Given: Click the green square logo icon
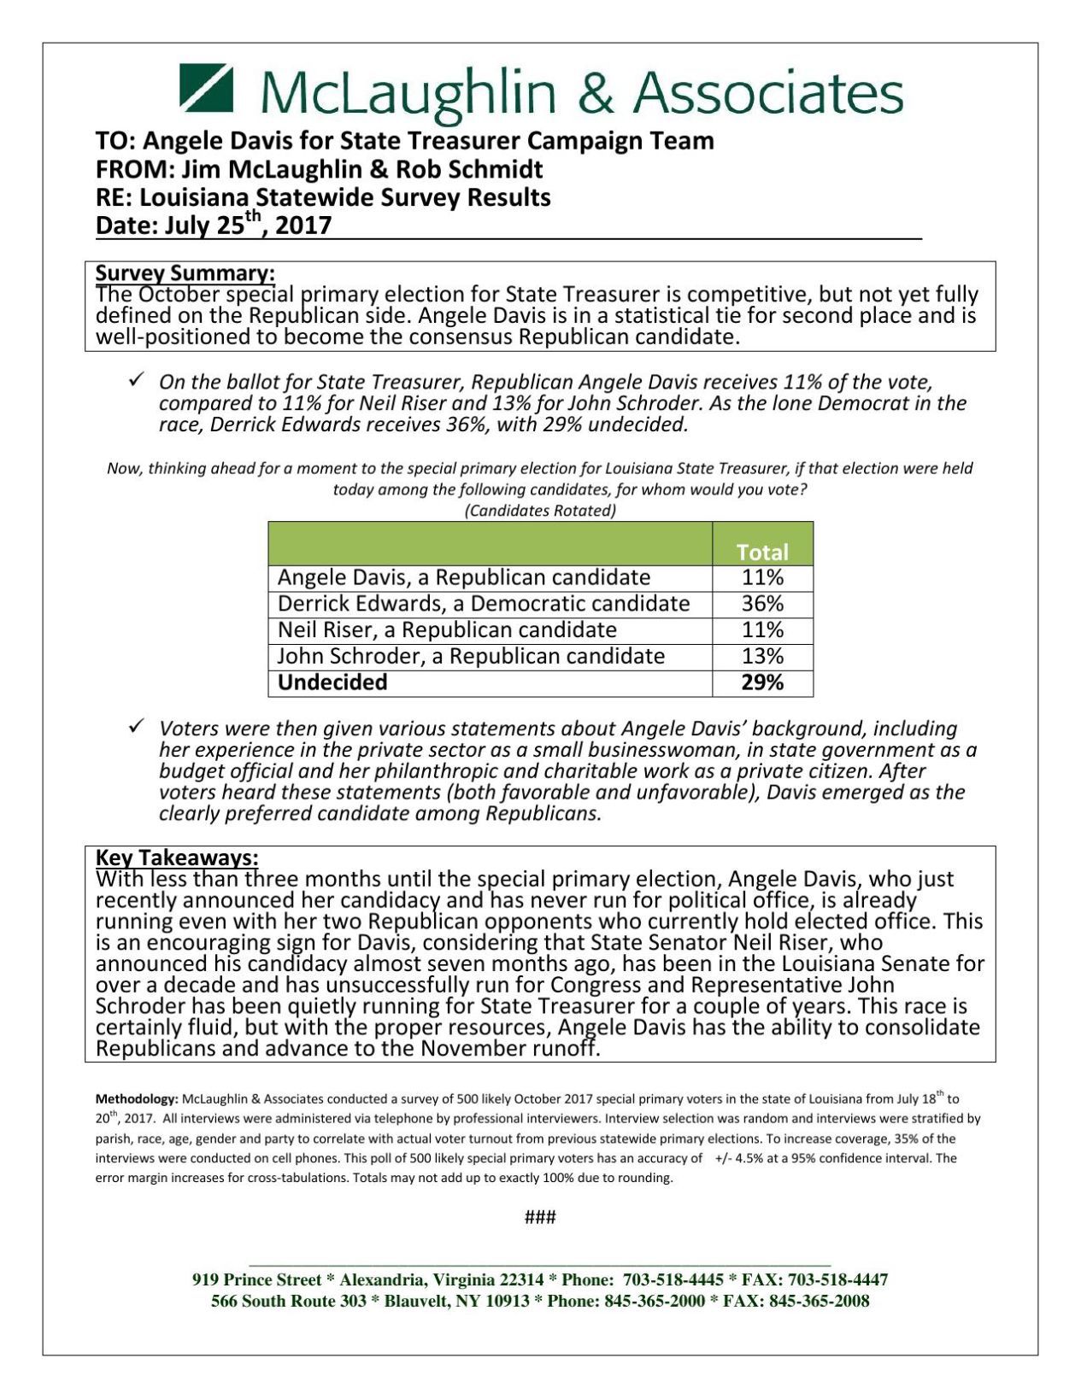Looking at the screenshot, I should click(x=206, y=88).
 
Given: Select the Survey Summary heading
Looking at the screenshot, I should click(x=185, y=273).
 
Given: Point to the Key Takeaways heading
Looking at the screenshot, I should click(x=177, y=858).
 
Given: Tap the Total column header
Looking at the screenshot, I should click(x=762, y=552).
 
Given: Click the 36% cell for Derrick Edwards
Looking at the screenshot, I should click(x=762, y=604).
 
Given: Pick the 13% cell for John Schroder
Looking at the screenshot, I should click(x=762, y=656).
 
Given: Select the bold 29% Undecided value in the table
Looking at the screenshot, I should click(x=762, y=682).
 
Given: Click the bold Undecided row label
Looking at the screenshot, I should click(x=332, y=682).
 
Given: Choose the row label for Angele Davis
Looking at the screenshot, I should click(x=464, y=578).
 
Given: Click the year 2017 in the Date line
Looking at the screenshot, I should click(x=303, y=226).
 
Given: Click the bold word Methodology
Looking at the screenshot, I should click(x=137, y=1099).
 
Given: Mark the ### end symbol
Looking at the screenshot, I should click(x=540, y=1217).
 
